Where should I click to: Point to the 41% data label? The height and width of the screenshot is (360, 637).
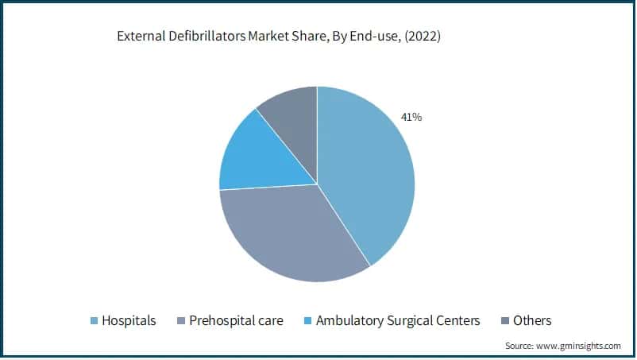click(x=411, y=118)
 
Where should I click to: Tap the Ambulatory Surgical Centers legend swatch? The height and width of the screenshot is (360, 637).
click(x=308, y=321)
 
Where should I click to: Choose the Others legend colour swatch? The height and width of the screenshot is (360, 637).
click(x=505, y=321)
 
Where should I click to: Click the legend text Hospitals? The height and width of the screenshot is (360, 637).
click(x=129, y=321)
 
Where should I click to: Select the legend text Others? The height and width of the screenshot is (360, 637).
click(x=532, y=321)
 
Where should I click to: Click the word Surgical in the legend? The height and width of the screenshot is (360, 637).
click(x=412, y=321)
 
